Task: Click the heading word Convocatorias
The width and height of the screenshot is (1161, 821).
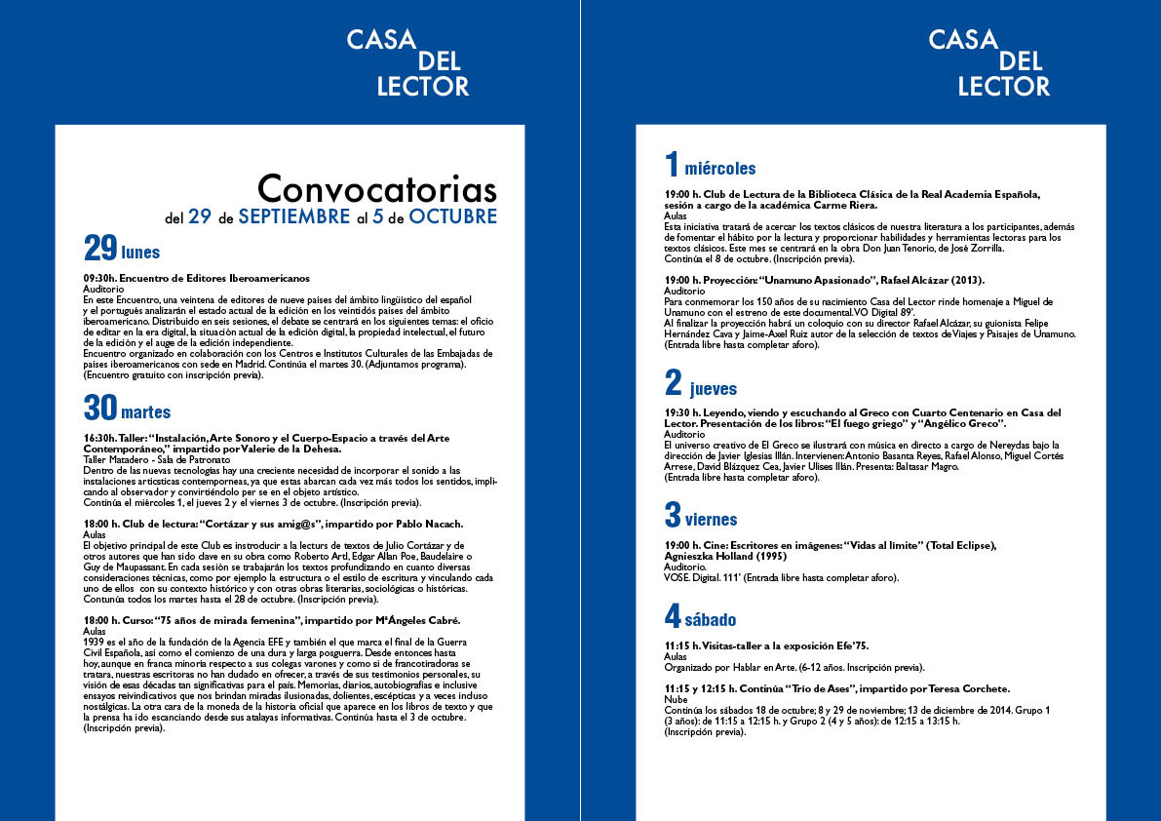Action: (x=376, y=188)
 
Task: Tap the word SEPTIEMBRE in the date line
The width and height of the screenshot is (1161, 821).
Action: (x=293, y=216)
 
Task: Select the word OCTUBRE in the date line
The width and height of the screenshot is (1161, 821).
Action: (x=452, y=216)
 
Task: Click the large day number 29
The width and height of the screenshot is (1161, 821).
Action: (x=99, y=251)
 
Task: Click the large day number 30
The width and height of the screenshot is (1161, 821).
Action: (x=100, y=408)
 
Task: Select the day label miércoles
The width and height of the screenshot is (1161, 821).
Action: (x=719, y=169)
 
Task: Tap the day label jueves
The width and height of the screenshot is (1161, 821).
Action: (x=714, y=389)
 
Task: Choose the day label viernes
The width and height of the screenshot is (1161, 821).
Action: (x=711, y=520)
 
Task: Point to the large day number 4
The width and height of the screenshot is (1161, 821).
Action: (x=673, y=616)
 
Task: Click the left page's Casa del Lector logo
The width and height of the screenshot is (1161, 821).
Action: (x=408, y=63)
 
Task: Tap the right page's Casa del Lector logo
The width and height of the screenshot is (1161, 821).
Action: (x=989, y=63)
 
